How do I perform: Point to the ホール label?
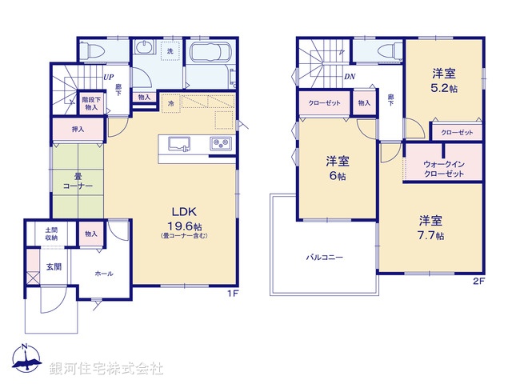(x=104, y=274)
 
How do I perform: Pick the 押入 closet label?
(x=78, y=129)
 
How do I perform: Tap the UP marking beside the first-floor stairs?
(x=106, y=78)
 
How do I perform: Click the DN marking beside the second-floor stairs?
(x=350, y=78)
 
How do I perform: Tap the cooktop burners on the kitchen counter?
(x=221, y=144)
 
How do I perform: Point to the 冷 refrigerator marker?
(x=170, y=103)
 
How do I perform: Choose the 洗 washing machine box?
(x=170, y=52)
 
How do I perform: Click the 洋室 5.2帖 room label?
(x=442, y=80)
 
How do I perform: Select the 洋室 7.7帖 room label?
(x=430, y=227)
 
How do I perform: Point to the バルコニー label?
(x=324, y=258)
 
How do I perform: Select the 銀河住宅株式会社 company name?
(x=106, y=368)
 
